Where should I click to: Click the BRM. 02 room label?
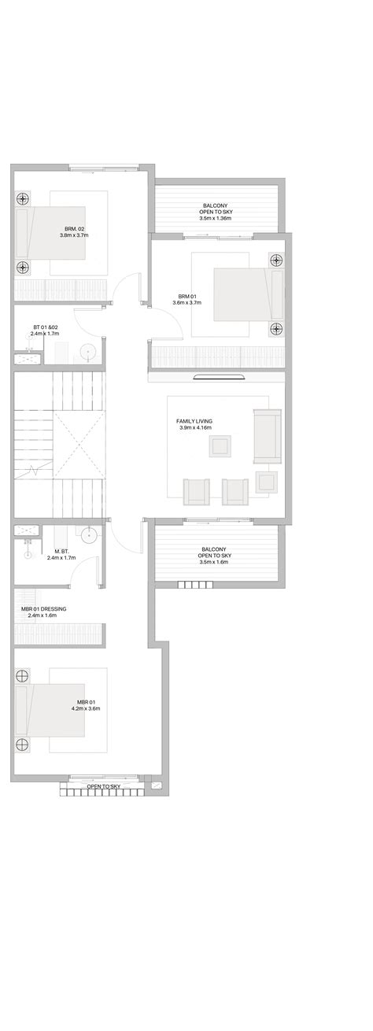pos(75,228)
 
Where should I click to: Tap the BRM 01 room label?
pos(187,297)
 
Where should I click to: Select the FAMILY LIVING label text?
pos(194,421)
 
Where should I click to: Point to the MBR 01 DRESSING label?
pos(44,608)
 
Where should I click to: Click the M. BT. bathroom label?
pos(61,551)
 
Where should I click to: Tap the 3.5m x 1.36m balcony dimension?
pos(216,218)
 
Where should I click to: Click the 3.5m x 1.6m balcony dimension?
pos(214,561)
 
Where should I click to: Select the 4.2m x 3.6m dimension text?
pos(86,708)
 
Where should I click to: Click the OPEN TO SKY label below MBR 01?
pos(104,786)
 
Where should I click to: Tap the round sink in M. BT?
pos(88,535)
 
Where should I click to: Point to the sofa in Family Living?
pos(267,436)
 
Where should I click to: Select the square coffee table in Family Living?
pos(220,446)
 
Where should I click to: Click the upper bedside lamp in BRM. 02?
pos(23,199)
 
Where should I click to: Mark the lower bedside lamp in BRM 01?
pos(276,328)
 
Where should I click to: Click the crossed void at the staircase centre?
pos(79,445)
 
